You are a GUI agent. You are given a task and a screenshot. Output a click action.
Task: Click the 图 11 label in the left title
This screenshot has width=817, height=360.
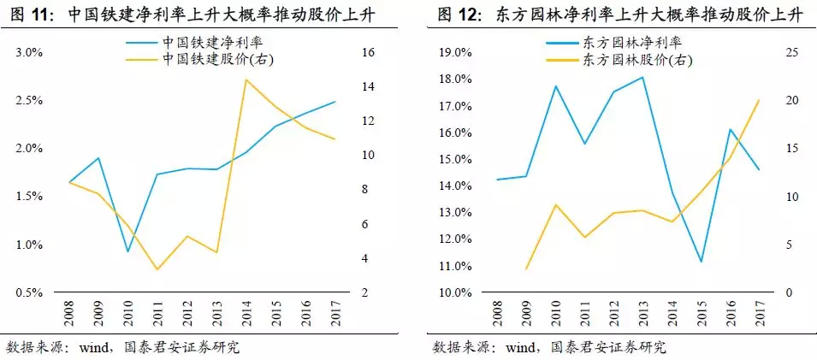coord(34,15)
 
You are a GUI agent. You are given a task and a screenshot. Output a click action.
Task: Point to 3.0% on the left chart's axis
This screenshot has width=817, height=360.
coord(29,53)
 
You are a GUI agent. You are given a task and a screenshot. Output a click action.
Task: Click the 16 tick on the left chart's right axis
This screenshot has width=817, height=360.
coord(370,53)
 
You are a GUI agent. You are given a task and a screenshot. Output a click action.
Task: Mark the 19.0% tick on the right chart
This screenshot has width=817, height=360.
coord(455,53)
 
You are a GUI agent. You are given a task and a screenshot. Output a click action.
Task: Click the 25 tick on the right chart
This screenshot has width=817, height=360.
coord(790,53)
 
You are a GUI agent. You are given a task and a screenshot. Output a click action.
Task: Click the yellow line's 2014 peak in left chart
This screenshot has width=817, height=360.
coord(246,80)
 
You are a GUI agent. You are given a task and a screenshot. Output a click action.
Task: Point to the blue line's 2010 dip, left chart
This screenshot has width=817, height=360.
coord(127,251)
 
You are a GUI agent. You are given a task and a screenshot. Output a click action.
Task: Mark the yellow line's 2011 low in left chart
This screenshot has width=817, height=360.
coord(157,269)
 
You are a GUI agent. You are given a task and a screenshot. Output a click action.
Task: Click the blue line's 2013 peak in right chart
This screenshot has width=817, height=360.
coord(642,77)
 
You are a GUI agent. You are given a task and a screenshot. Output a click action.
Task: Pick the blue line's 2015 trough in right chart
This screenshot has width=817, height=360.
coord(701,262)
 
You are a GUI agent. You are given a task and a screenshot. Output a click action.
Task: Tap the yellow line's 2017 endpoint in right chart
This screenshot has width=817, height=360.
coord(759,100)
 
